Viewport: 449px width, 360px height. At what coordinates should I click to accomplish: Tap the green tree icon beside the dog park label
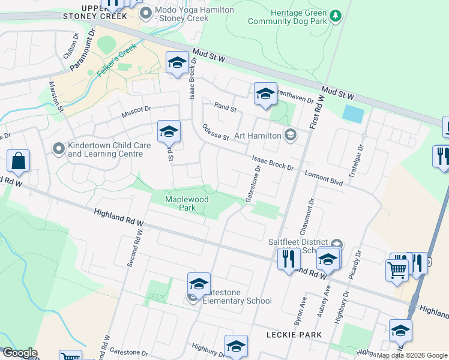point(336,14)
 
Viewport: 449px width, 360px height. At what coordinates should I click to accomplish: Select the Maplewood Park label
point(181,203)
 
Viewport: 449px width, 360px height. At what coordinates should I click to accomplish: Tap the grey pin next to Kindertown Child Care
point(59,148)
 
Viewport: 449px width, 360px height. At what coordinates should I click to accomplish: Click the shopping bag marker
point(19,161)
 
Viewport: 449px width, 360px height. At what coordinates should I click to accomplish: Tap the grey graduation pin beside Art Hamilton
point(291,134)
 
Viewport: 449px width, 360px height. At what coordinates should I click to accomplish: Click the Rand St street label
point(226,107)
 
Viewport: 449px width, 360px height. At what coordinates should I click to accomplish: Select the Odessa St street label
point(216,132)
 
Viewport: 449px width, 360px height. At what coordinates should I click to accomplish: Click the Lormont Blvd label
point(324,177)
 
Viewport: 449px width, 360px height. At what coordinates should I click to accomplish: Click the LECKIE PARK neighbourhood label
point(295,334)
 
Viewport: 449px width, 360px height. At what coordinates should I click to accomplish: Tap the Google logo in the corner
point(19,353)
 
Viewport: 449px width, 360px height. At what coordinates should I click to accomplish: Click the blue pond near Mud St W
point(353,113)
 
